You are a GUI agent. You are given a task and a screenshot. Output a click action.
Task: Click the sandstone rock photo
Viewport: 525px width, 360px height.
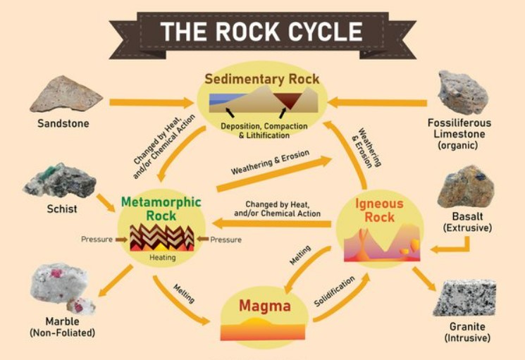(66, 94)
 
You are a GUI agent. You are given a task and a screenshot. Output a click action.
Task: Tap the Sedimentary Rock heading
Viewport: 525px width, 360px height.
(261, 78)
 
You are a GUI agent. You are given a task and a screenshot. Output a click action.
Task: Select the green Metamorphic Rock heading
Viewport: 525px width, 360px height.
(161, 209)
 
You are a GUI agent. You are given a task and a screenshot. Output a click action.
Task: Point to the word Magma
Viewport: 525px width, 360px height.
(264, 306)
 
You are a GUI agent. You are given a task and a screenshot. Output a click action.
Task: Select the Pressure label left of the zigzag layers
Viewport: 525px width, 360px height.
(97, 240)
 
